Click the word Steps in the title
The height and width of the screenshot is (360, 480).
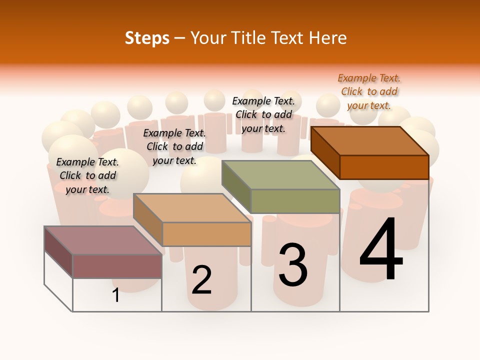[147, 38]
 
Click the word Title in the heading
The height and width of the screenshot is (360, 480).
[250, 38]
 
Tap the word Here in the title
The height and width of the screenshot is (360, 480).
[327, 38]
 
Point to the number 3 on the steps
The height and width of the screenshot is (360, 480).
[293, 265]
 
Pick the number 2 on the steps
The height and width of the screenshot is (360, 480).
[201, 280]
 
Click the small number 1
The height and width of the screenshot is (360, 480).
[116, 295]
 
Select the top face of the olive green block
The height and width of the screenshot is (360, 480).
[280, 175]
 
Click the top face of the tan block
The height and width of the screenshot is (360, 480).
[192, 208]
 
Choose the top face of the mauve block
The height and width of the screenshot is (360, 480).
[103, 240]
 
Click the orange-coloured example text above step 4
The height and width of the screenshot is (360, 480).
[369, 91]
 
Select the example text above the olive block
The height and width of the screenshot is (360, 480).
[263, 114]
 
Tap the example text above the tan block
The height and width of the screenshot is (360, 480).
[174, 146]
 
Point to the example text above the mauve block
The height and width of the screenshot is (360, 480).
[87, 175]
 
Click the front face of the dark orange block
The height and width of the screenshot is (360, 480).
[384, 167]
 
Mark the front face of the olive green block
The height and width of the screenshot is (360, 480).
[295, 201]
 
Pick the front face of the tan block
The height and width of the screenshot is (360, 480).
[206, 234]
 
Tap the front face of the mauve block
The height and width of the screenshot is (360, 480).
[117, 266]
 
